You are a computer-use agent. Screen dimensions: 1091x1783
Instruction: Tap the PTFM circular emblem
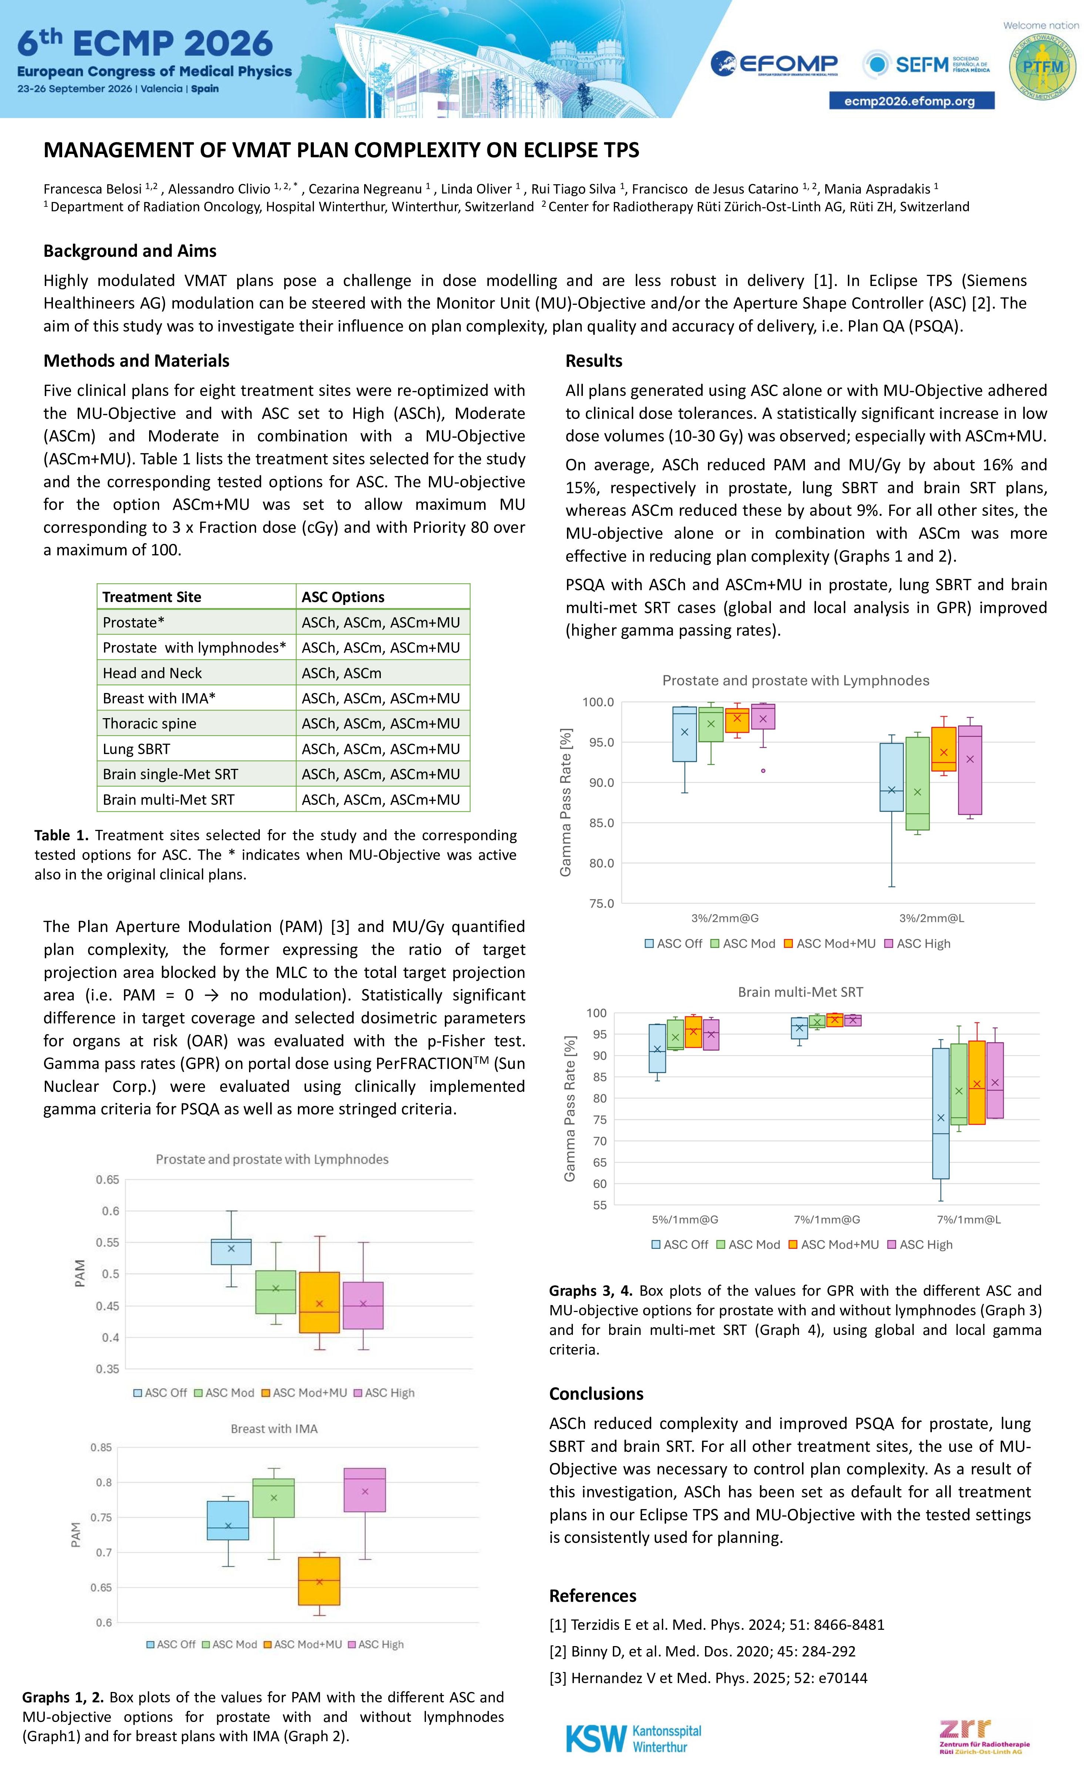(x=1043, y=67)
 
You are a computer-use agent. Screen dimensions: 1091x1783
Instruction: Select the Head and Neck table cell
(x=152, y=673)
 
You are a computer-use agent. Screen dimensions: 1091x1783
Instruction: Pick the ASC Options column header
(x=343, y=597)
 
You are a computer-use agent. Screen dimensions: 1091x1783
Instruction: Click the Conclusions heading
(x=596, y=1394)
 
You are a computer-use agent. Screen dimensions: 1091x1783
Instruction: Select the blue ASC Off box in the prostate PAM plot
(x=231, y=1251)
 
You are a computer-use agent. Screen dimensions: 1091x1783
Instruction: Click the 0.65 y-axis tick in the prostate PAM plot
(x=107, y=1180)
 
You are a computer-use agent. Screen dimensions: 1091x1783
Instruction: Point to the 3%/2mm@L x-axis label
(x=932, y=918)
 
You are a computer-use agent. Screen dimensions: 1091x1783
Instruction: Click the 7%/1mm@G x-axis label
(x=827, y=1219)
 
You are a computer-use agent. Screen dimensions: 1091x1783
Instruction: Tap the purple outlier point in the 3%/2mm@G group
(x=763, y=771)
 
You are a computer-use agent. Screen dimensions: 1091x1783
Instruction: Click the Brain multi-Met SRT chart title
(x=801, y=992)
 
